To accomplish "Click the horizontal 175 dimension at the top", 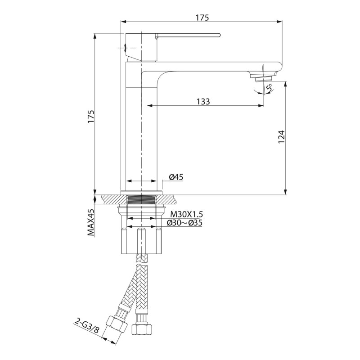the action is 202,18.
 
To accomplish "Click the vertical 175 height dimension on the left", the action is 91,117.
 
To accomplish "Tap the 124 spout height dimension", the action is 282,137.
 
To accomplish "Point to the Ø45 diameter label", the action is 176,177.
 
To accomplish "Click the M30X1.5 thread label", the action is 186,215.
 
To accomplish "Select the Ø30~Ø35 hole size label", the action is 184,223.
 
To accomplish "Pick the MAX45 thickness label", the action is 91,222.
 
